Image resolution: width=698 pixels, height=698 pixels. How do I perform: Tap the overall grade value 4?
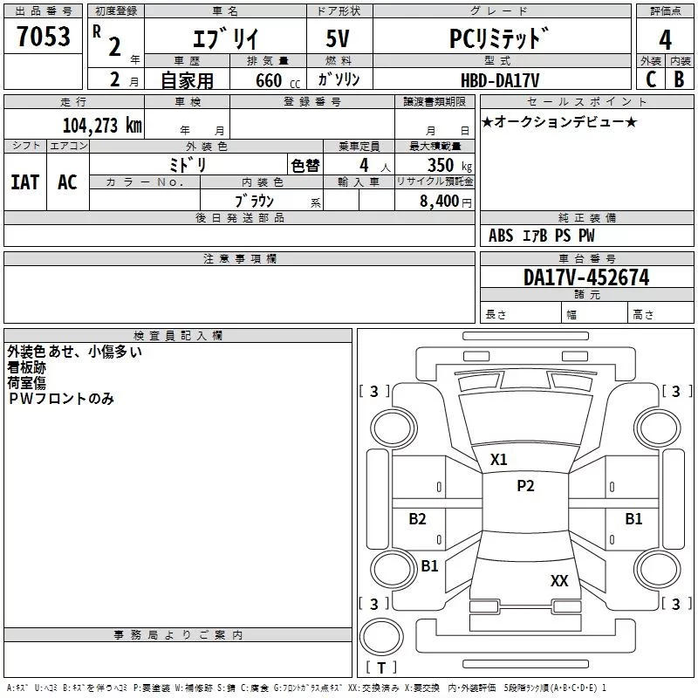pos(665,39)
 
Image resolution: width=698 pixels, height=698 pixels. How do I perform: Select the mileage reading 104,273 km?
pos(102,126)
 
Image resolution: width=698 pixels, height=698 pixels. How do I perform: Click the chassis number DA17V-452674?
pos(586,277)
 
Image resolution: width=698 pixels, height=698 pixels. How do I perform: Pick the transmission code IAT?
pos(24,182)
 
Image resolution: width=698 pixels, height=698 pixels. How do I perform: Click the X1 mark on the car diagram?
pos(499,460)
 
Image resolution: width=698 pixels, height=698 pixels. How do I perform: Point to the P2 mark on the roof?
pos(525,486)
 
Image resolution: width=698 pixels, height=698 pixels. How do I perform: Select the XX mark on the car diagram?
pos(559,580)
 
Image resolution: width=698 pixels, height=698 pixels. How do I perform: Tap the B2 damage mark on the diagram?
pos(418,519)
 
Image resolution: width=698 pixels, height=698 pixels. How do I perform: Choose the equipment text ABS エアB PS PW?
pos(542,236)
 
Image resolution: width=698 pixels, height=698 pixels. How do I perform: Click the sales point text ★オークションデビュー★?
pos(559,122)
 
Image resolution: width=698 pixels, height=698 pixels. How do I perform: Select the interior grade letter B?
pos(679,79)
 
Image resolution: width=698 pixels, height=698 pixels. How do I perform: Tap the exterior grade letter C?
pos(650,79)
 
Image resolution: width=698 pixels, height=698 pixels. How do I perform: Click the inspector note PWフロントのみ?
pos(61,399)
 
